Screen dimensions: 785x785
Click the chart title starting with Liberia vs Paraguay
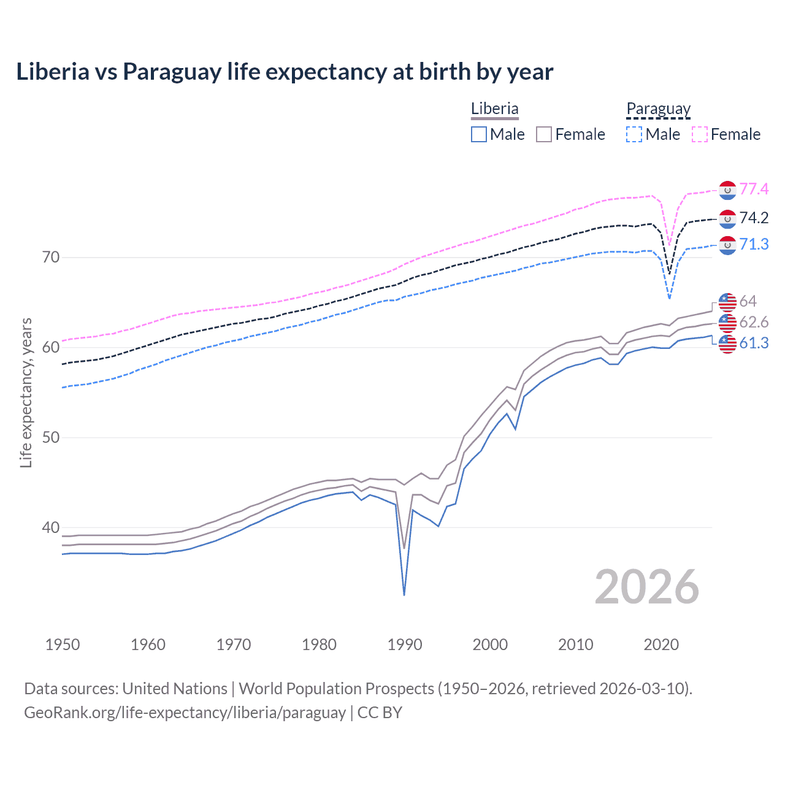coord(285,72)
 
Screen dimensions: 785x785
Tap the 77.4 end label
coord(754,189)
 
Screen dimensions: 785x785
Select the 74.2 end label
coord(754,218)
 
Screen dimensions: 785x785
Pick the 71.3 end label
coord(754,244)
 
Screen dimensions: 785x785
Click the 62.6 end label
coord(754,322)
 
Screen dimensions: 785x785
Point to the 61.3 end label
coord(754,343)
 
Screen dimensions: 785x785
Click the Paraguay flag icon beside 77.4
coord(727,190)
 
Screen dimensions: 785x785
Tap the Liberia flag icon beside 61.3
coord(727,344)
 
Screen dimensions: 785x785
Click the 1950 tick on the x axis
coord(63,645)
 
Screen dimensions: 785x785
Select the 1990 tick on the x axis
coord(405,645)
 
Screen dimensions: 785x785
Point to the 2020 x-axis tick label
coord(661,645)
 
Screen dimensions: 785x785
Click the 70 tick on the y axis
coord(51,257)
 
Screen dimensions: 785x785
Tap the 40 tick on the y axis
coord(51,527)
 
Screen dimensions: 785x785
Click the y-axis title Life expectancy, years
coord(26,392)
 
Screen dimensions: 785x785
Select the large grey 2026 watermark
coord(647,587)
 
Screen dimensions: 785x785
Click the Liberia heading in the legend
coord(494,109)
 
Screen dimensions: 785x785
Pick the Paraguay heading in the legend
coord(658,109)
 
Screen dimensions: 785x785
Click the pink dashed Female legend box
coord(700,134)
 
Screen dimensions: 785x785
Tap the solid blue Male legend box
coord(479,134)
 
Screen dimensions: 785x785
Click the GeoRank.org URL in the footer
coord(185,713)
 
